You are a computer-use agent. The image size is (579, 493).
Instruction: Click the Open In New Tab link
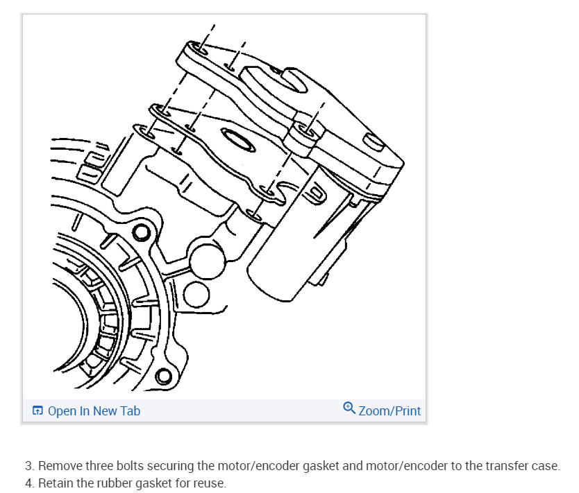[94, 411]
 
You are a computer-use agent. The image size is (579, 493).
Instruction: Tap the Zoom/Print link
[389, 411]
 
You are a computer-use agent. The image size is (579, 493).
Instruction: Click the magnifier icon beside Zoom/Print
[350, 408]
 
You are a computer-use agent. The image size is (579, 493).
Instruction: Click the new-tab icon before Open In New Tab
[38, 411]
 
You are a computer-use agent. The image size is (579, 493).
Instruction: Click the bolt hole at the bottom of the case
[164, 377]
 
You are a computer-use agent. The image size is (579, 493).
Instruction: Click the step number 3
[28, 466]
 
